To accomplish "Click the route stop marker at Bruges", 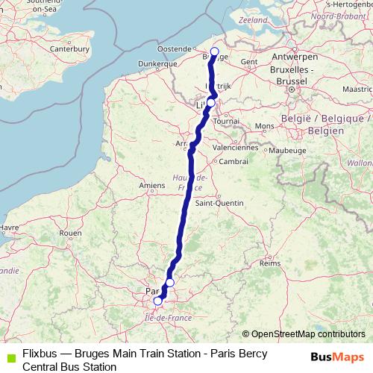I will [x=215, y=51].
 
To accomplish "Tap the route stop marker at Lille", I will [x=211, y=103].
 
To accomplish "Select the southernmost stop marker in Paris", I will [x=157, y=301].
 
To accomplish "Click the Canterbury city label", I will [x=71, y=49].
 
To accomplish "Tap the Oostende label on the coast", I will [x=175, y=49].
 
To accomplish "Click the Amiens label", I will [x=151, y=185].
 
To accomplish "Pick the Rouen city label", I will [x=70, y=233].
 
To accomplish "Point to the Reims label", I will [x=269, y=264].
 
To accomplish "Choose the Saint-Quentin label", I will [x=215, y=202].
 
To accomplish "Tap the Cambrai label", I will [x=233, y=161].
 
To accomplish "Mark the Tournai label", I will [x=226, y=120].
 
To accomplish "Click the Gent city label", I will [x=249, y=62].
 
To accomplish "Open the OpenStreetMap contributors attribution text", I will [x=308, y=334].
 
